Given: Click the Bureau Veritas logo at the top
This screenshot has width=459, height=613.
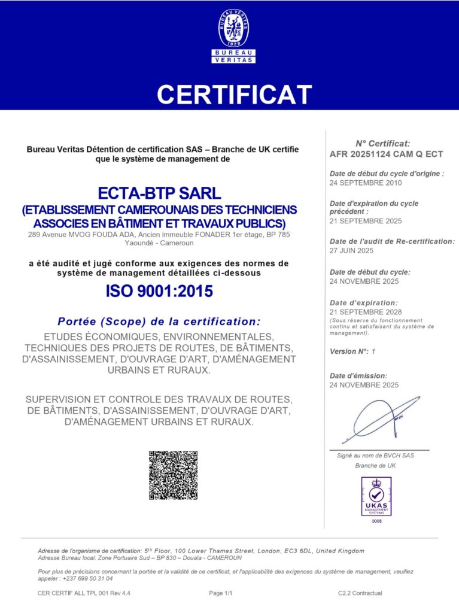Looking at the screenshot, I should tap(233, 36).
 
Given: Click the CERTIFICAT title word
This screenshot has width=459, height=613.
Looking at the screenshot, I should tap(234, 95).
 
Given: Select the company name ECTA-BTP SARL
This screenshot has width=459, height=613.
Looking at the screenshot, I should tap(159, 193).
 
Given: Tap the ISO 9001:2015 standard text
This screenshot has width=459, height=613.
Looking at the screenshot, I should tap(159, 292).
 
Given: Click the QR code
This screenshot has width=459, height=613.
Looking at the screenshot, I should tap(173, 475).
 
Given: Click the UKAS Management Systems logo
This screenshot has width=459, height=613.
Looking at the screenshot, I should tap(376, 496).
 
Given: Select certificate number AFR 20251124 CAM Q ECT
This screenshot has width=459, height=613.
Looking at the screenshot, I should tap(386, 154).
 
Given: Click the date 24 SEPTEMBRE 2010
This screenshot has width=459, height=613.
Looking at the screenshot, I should tap(366, 183).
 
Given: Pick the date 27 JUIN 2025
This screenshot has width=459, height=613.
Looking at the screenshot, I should tap(351, 250).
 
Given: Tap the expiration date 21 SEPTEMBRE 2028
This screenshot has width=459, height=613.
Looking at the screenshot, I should tap(366, 312).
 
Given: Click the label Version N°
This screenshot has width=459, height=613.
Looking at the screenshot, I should tap(348, 351).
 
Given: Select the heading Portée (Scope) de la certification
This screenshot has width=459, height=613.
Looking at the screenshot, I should tap(159, 321).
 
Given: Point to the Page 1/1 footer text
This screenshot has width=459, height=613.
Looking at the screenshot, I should tap(220, 593).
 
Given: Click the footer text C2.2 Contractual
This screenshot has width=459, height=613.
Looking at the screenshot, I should tap(360, 593).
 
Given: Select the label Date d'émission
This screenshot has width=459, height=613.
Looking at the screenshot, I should tap(358, 375).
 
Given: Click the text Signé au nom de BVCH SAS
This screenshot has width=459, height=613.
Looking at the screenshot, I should tap(375, 456).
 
